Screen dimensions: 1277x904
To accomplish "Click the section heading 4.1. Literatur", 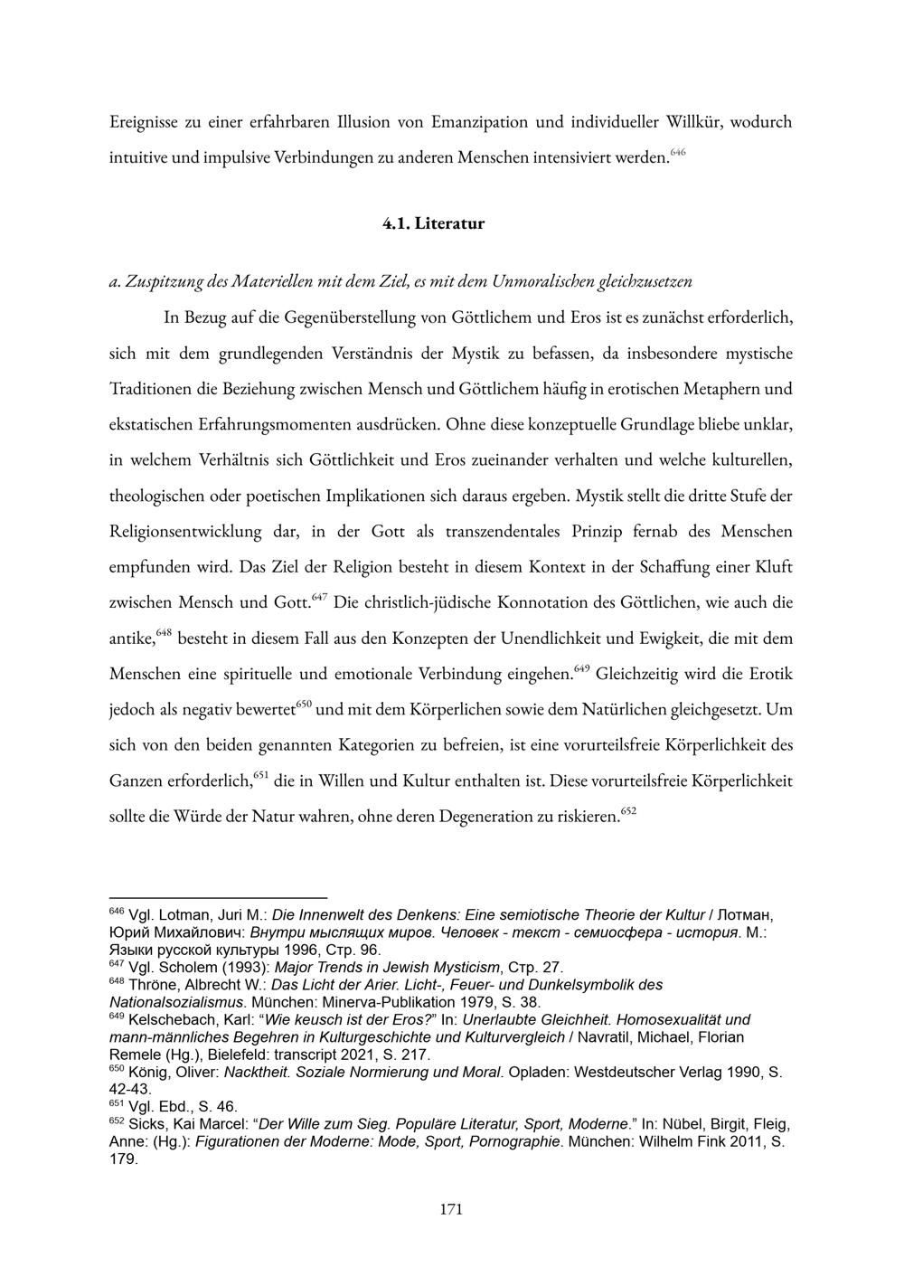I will (433, 223).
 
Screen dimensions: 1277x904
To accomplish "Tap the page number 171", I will (450, 1209).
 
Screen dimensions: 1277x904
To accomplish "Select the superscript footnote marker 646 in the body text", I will (679, 152).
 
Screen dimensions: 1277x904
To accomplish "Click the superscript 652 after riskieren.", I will (629, 810).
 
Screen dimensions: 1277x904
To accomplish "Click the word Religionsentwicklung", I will (185, 531).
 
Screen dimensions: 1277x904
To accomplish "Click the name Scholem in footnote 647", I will (184, 967).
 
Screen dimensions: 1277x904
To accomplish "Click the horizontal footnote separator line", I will (217, 898).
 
